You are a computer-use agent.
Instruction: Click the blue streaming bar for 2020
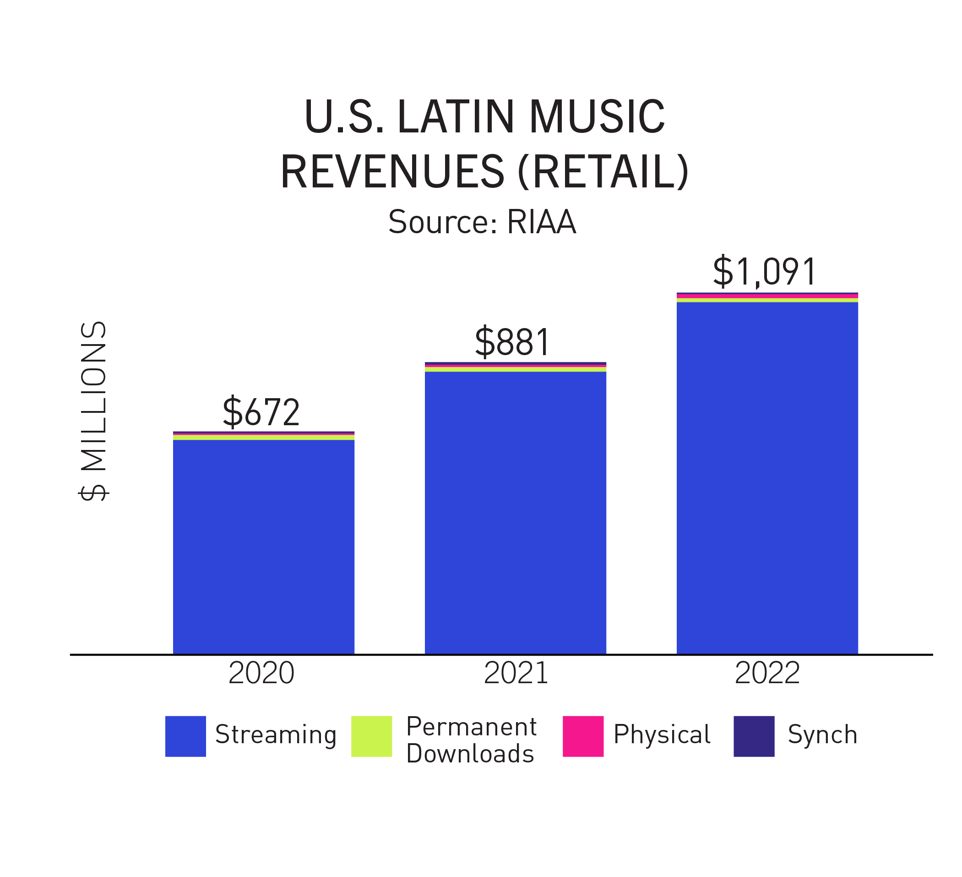[263, 546]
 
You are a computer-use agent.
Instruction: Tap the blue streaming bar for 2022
[767, 477]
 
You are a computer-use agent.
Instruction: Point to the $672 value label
[261, 411]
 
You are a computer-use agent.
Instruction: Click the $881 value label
[512, 342]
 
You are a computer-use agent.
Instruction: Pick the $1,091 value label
[765, 272]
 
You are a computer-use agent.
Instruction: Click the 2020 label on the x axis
[261, 674]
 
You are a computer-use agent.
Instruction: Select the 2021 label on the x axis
[516, 674]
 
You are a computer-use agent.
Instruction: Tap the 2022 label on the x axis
[767, 674]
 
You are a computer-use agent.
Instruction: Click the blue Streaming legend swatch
[185, 736]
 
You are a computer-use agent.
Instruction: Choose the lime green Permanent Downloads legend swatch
[371, 736]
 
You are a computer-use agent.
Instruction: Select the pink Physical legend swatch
[583, 736]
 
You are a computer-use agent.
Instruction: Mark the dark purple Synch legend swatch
[754, 736]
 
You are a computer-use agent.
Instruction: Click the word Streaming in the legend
[276, 735]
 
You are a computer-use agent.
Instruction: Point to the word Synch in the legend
[822, 735]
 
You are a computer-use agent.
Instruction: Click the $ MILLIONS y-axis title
[94, 411]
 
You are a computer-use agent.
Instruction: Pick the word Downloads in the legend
[470, 754]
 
